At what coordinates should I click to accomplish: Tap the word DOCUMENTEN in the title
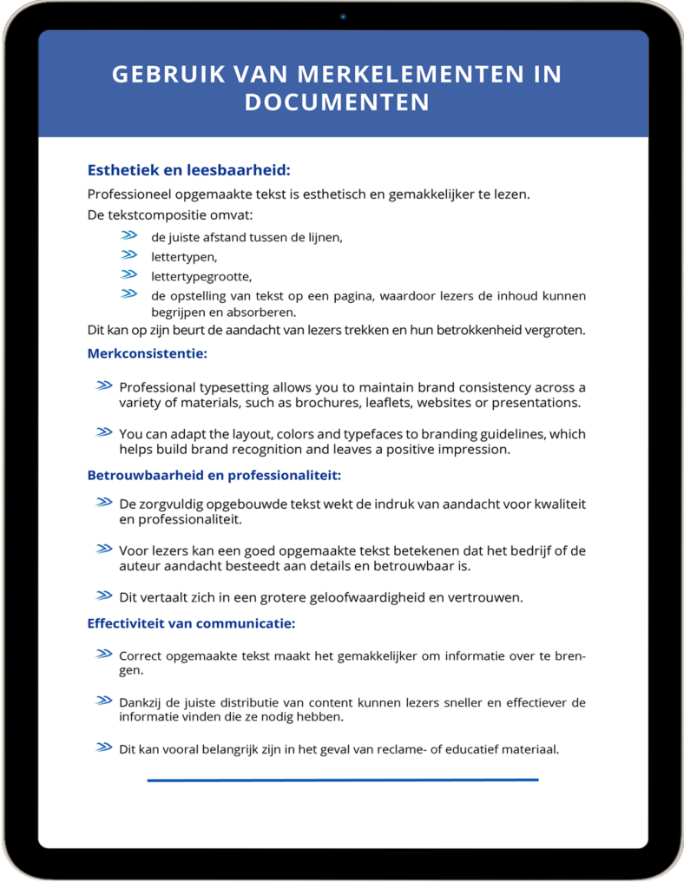click(x=337, y=102)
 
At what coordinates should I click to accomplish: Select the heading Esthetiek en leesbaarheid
click(x=189, y=170)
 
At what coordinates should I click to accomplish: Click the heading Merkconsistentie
click(x=147, y=353)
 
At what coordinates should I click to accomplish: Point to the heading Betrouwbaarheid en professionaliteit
click(x=214, y=475)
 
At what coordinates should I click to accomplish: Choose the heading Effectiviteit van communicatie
click(x=191, y=623)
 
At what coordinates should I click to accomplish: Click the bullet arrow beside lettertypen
click(x=129, y=255)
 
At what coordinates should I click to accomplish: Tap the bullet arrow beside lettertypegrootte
click(x=129, y=274)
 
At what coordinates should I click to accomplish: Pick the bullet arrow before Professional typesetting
click(x=104, y=385)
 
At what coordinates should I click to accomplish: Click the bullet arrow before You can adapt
click(x=104, y=432)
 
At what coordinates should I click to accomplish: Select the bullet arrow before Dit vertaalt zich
click(x=104, y=596)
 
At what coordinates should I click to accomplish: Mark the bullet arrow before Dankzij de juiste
click(x=104, y=701)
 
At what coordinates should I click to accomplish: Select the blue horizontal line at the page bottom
click(x=342, y=780)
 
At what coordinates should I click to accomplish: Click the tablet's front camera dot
click(x=343, y=16)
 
